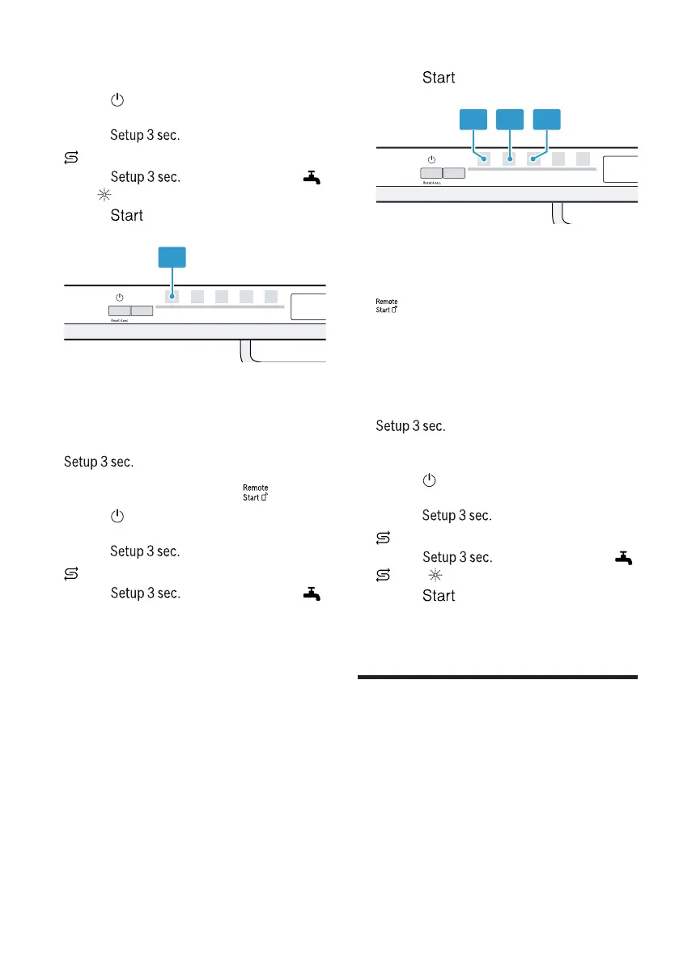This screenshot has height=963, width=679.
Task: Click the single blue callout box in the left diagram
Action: pyautogui.click(x=171, y=257)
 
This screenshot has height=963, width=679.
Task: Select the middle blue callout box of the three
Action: pyautogui.click(x=510, y=120)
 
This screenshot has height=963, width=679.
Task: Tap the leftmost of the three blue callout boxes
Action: pyautogui.click(x=473, y=120)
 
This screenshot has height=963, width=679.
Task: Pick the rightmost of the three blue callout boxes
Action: pyautogui.click(x=546, y=120)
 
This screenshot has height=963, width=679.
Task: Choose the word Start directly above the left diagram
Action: pyautogui.click(x=126, y=216)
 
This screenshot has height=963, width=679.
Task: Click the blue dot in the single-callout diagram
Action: pyautogui.click(x=172, y=298)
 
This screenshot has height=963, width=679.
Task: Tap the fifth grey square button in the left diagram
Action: pyautogui.click(x=271, y=297)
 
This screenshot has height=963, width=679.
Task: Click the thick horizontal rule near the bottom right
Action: pyautogui.click(x=497, y=677)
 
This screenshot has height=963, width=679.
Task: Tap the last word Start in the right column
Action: pyautogui.click(x=438, y=596)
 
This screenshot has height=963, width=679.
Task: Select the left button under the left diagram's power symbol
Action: pyautogui.click(x=118, y=310)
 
